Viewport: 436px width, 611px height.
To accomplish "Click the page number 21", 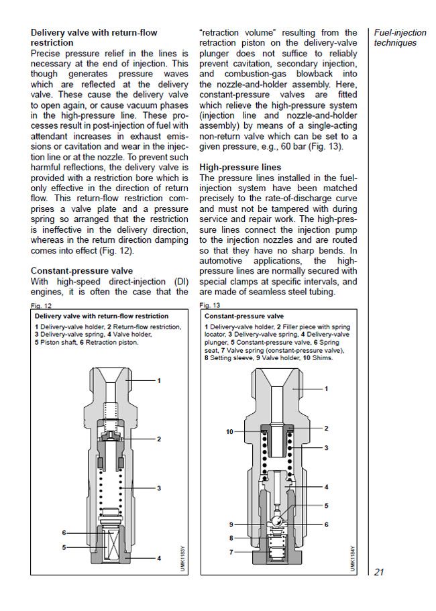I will [x=378, y=572].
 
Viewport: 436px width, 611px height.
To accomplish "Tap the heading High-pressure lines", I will [x=239, y=166].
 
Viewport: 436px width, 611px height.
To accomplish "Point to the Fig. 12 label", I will [x=41, y=305].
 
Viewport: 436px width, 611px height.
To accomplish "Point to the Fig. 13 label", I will [x=210, y=305].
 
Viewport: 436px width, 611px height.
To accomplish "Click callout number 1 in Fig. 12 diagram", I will [x=159, y=381].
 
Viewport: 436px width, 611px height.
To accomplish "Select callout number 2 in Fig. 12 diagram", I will [x=159, y=439].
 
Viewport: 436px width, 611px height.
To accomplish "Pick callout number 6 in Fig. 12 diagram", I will [x=64, y=533].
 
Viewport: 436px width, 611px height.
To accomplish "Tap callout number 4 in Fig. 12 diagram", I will [x=159, y=558].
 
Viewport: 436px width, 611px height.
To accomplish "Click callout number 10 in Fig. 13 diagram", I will [x=230, y=432].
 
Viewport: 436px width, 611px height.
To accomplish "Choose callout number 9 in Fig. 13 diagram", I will [x=231, y=524].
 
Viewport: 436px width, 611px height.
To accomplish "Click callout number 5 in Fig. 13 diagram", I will [x=327, y=506].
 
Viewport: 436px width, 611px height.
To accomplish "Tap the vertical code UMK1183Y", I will [x=182, y=557].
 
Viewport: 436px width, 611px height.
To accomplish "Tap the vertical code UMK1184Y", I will [x=351, y=557].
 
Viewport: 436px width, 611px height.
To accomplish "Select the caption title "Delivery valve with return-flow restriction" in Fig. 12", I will [x=101, y=315].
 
